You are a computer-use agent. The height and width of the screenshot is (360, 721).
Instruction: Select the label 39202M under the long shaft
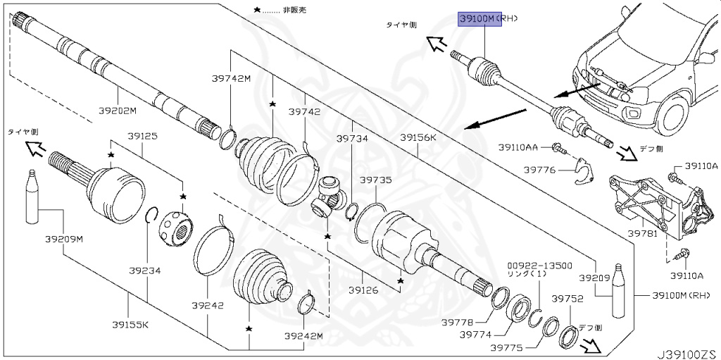click(117, 111)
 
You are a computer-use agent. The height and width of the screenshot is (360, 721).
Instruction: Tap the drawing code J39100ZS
click(686, 349)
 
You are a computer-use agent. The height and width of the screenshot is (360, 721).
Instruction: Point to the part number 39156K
click(418, 137)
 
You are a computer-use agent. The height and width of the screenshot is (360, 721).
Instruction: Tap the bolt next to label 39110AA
click(558, 149)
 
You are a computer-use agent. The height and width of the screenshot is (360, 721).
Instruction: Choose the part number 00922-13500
click(535, 266)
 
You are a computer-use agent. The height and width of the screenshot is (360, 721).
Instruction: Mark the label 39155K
click(130, 325)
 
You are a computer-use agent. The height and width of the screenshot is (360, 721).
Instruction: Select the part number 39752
click(567, 299)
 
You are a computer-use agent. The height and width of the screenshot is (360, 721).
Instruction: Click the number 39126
click(363, 289)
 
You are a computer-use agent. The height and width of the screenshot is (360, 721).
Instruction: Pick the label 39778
click(457, 321)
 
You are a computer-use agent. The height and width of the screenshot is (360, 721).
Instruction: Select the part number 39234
click(145, 269)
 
